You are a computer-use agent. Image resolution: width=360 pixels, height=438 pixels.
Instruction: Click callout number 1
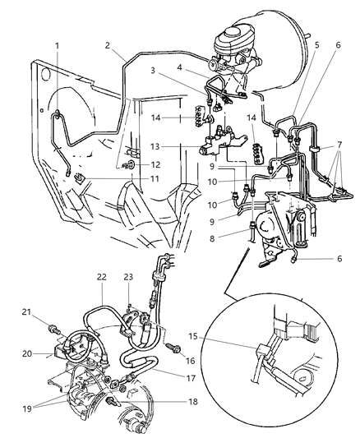(x=57, y=45)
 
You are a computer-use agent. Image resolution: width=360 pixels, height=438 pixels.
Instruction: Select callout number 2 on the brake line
(x=108, y=46)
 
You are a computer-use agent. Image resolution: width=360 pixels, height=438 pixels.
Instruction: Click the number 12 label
(x=157, y=164)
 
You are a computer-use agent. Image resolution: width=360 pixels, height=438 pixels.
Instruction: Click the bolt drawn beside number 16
(x=175, y=348)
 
